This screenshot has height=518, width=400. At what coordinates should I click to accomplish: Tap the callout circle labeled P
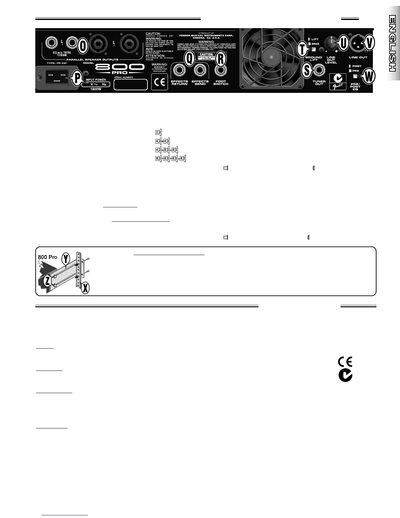pyautogui.click(x=77, y=78)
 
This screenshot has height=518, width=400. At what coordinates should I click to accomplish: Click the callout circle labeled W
pyautogui.click(x=368, y=77)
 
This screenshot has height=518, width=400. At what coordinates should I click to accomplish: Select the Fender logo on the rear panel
pyautogui.click(x=338, y=82)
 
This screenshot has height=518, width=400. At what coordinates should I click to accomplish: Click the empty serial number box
pyautogui.click(x=131, y=84)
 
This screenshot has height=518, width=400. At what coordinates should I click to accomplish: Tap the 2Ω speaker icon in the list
pyautogui.click(x=158, y=132)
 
